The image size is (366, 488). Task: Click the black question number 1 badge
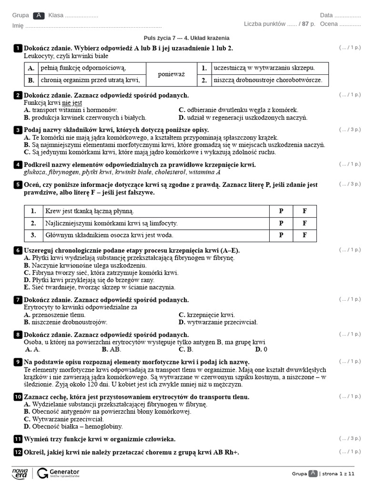[18, 48]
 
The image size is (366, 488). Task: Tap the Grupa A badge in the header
[39, 15]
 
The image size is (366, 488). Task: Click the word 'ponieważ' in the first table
[171, 74]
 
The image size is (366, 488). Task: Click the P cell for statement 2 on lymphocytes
[281, 223]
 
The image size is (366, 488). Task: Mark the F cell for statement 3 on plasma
[305, 235]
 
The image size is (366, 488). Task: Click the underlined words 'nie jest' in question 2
[72, 102]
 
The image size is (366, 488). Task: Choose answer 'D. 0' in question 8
[261, 349]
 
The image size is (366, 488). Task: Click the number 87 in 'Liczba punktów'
[305, 24]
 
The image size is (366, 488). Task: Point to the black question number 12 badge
[18, 452]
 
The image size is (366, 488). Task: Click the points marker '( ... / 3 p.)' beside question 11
[350, 438]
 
